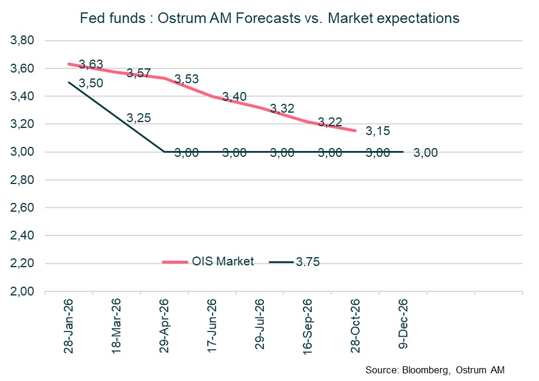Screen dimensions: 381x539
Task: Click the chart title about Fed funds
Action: point(269,18)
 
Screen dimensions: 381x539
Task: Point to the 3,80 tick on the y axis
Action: point(24,41)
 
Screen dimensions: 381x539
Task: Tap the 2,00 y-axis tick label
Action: point(24,292)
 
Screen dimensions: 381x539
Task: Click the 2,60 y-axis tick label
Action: point(24,208)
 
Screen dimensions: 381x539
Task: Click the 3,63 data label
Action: point(91,64)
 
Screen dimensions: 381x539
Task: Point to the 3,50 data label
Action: point(91,83)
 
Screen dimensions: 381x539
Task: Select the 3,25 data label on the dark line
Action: point(139,118)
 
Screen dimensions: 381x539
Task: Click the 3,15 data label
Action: point(378,131)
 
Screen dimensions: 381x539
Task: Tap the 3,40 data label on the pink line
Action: point(234,97)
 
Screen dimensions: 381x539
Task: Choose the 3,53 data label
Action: point(187,78)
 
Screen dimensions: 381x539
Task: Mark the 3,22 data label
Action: point(330,122)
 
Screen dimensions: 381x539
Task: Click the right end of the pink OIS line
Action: point(355,131)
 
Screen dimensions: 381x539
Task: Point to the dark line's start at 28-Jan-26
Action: point(69,83)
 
